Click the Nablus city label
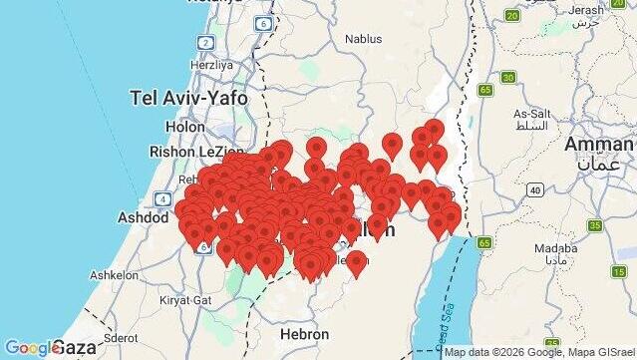363,39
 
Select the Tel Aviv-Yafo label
188,98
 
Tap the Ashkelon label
115,273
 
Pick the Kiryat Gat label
185,298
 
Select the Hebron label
304,333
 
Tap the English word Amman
598,144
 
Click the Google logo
32,348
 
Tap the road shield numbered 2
205,42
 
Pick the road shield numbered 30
508,78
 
